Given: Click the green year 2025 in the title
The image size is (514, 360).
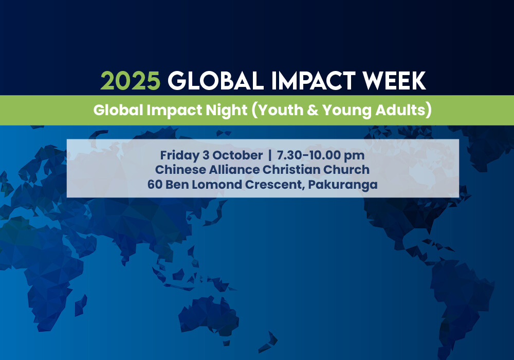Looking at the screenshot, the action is pos(130,81).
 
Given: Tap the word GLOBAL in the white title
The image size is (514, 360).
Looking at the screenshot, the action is pos(216,81).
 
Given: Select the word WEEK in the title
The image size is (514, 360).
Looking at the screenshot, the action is pos(394,81).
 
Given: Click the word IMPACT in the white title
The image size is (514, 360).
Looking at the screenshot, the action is pos(313,81).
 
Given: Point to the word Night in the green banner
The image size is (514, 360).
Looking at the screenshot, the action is pos(226,111).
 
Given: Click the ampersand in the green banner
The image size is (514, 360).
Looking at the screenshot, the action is pos(313,110).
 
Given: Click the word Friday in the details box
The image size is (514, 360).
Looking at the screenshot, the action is pos(179,155).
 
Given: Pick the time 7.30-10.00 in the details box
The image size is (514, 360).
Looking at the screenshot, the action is pos(308,155).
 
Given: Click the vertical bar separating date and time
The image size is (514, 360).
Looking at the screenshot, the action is pos(270,155).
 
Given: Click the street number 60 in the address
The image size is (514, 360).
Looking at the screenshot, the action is pos(155,184).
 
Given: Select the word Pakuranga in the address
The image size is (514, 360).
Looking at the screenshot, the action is pos(343,185).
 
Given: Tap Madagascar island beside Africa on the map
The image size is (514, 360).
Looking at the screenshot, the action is pos(80,305).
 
